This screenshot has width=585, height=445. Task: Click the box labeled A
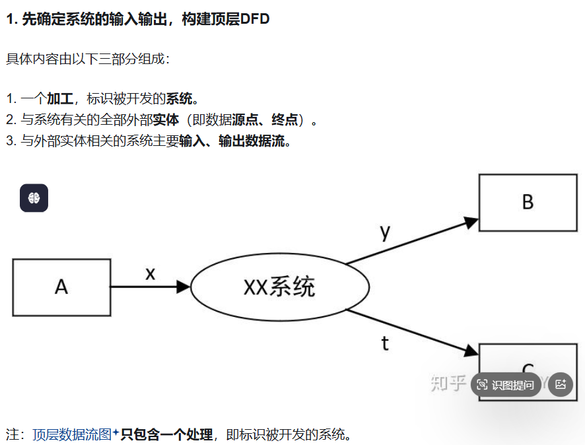pyautogui.click(x=61, y=287)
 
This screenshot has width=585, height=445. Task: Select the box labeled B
pyautogui.click(x=528, y=202)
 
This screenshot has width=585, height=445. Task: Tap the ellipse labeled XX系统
pyautogui.click(x=279, y=287)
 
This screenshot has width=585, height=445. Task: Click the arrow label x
pyautogui.click(x=150, y=273)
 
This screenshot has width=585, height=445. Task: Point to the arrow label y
pyautogui.click(x=386, y=232)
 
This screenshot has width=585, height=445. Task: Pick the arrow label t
pyautogui.click(x=386, y=343)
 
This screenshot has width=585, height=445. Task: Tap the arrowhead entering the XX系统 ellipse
pyautogui.click(x=184, y=287)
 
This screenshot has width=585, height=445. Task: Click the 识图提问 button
pyautogui.click(x=506, y=385)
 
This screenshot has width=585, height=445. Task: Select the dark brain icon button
pyautogui.click(x=34, y=198)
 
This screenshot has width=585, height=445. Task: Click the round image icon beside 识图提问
pyautogui.click(x=561, y=384)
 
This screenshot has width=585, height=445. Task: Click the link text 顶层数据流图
pyautogui.click(x=72, y=434)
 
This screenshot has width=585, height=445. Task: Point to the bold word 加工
pyautogui.click(x=59, y=99)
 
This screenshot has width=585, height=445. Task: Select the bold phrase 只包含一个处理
pyautogui.click(x=166, y=434)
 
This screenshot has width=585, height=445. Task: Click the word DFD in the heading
pyautogui.click(x=255, y=19)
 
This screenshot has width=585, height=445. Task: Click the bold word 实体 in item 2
pyautogui.click(x=166, y=120)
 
